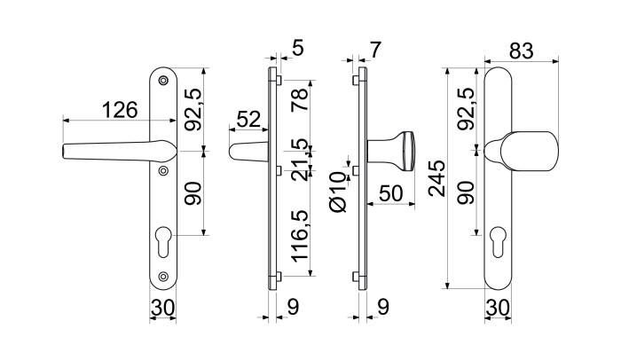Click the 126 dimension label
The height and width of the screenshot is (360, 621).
coord(120,110)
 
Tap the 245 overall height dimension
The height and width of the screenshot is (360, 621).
coord(437,178)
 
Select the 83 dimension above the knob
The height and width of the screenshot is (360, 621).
coord(522,51)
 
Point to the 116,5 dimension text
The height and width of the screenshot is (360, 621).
coord(300,236)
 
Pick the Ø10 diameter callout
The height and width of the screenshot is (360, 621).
coord(338,192)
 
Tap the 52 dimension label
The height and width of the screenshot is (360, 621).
coord(249,119)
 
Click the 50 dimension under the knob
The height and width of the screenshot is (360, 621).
coord(391,193)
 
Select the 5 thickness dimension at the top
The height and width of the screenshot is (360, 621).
coord(298,48)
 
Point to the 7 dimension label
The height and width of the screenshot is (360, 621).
coord(374,50)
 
